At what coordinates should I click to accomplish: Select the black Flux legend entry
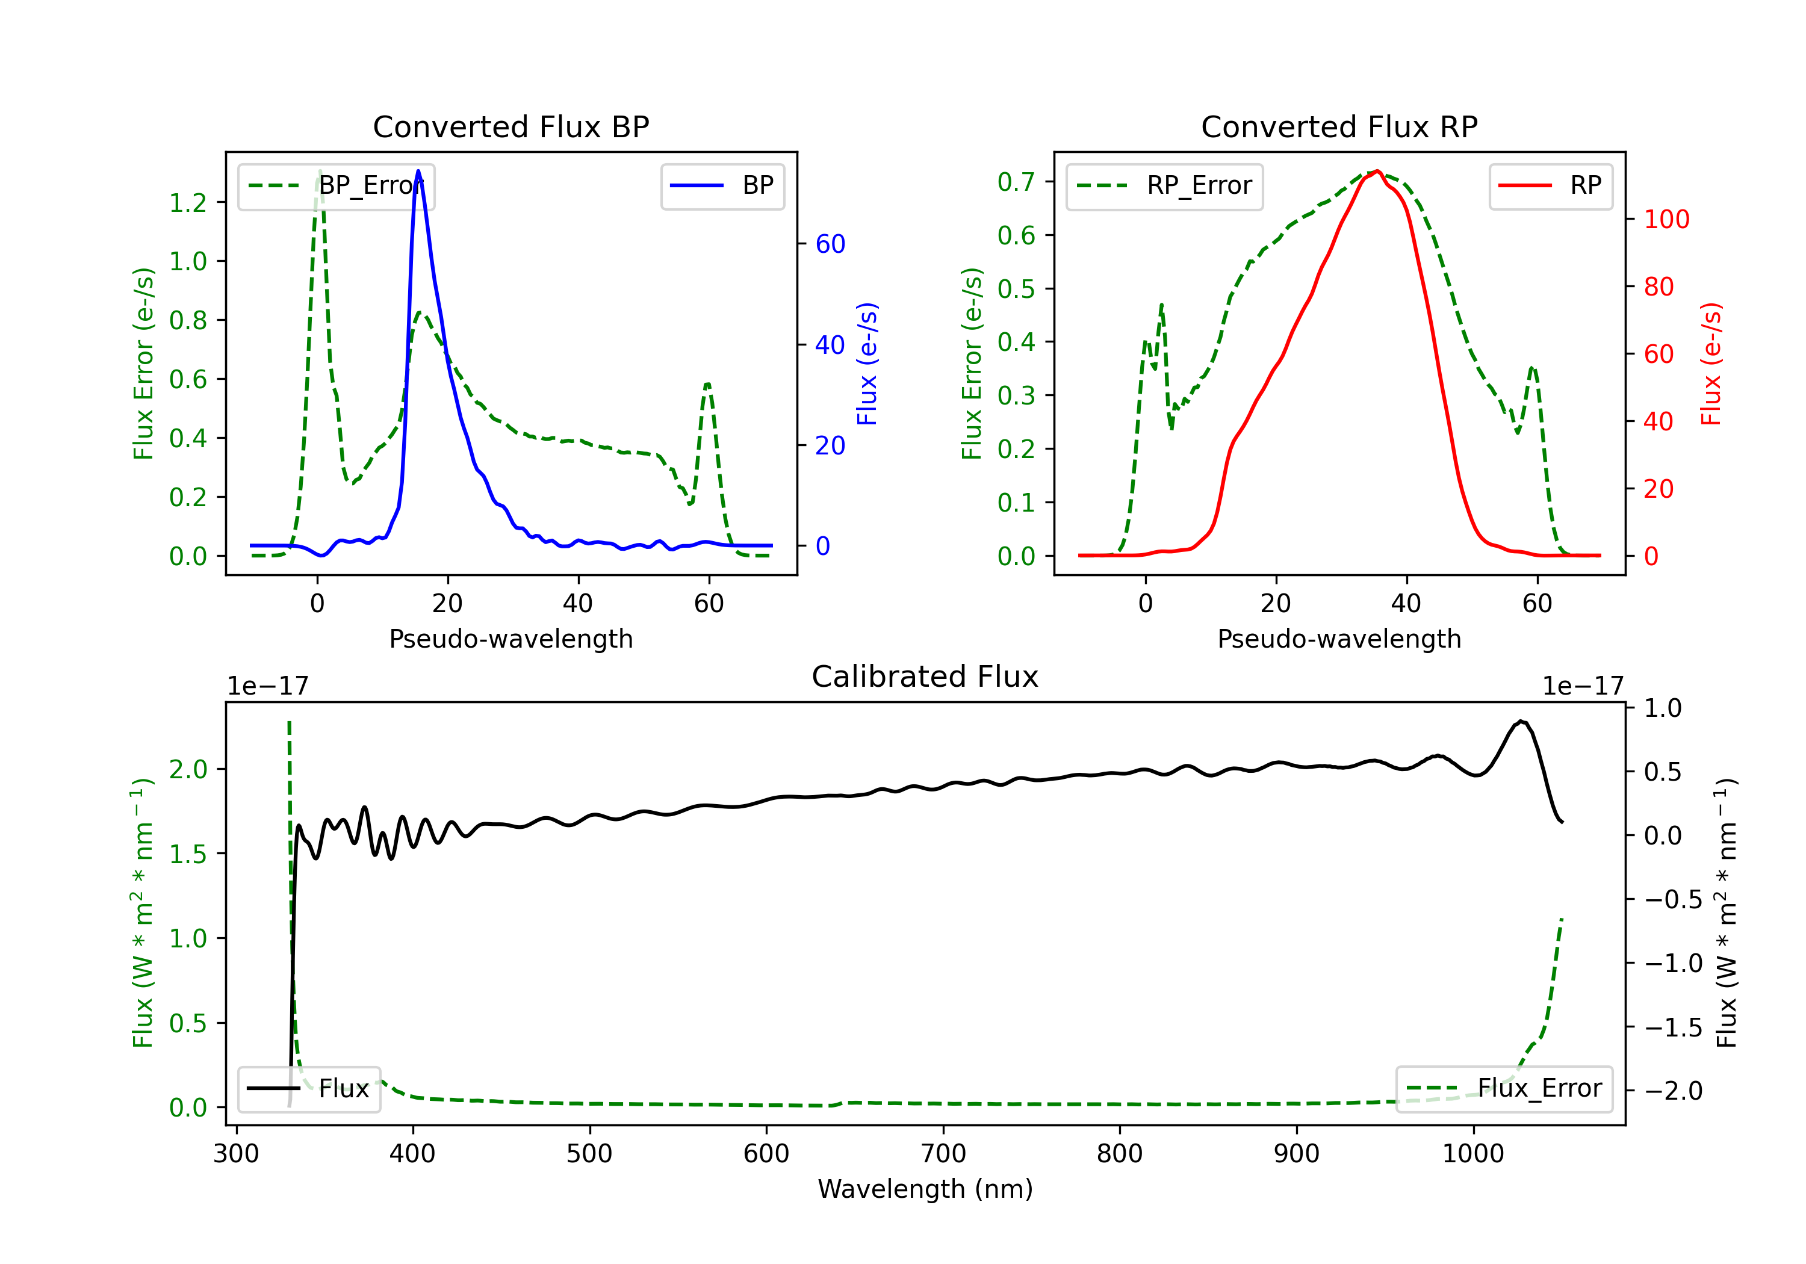pos(309,1089)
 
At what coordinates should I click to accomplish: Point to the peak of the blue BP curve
pos(418,171)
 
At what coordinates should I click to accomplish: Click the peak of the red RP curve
pos(1378,172)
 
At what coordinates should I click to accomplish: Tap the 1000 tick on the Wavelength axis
pos(1472,1154)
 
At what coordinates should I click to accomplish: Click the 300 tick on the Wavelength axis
pos(236,1154)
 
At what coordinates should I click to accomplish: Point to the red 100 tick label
pos(1666,220)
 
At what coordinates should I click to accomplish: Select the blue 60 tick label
pos(830,244)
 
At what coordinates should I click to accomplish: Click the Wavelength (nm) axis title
pos(925,1189)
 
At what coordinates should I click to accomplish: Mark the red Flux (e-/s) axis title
pos(1711,364)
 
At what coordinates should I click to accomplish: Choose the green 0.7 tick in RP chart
pos(1016,182)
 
